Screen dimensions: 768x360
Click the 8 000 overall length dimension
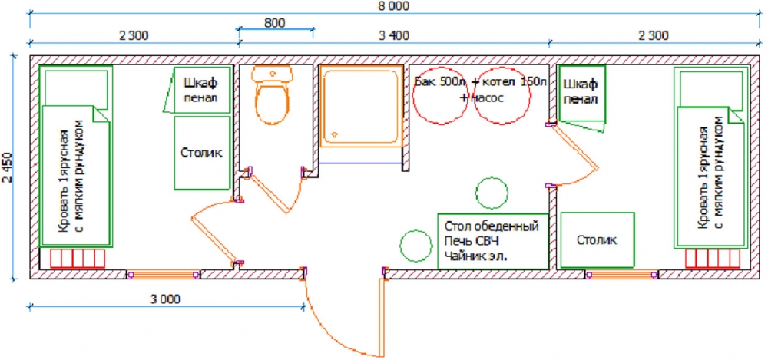click(392, 6)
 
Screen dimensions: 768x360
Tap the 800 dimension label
click(274, 22)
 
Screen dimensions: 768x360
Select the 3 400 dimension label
click(393, 35)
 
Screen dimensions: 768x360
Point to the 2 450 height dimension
click(8, 169)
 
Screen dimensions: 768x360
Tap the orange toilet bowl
click(272, 96)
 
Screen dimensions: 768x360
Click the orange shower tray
click(361, 106)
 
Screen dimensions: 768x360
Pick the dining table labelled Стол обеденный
click(493, 241)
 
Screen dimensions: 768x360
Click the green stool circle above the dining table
click(492, 193)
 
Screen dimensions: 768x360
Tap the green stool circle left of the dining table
click(416, 246)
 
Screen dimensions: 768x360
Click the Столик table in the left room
click(202, 153)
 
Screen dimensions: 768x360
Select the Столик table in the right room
click(597, 240)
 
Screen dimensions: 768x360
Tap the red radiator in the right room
click(712, 258)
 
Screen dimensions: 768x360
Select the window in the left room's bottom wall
click(163, 274)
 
